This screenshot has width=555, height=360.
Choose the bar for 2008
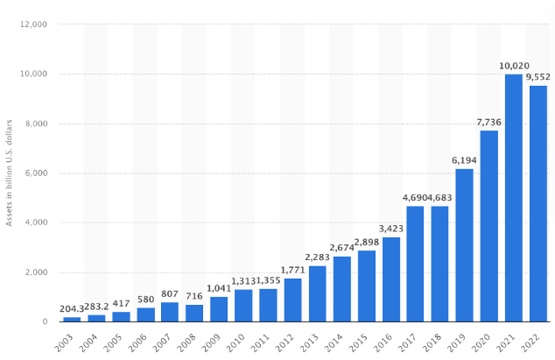(194, 313)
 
